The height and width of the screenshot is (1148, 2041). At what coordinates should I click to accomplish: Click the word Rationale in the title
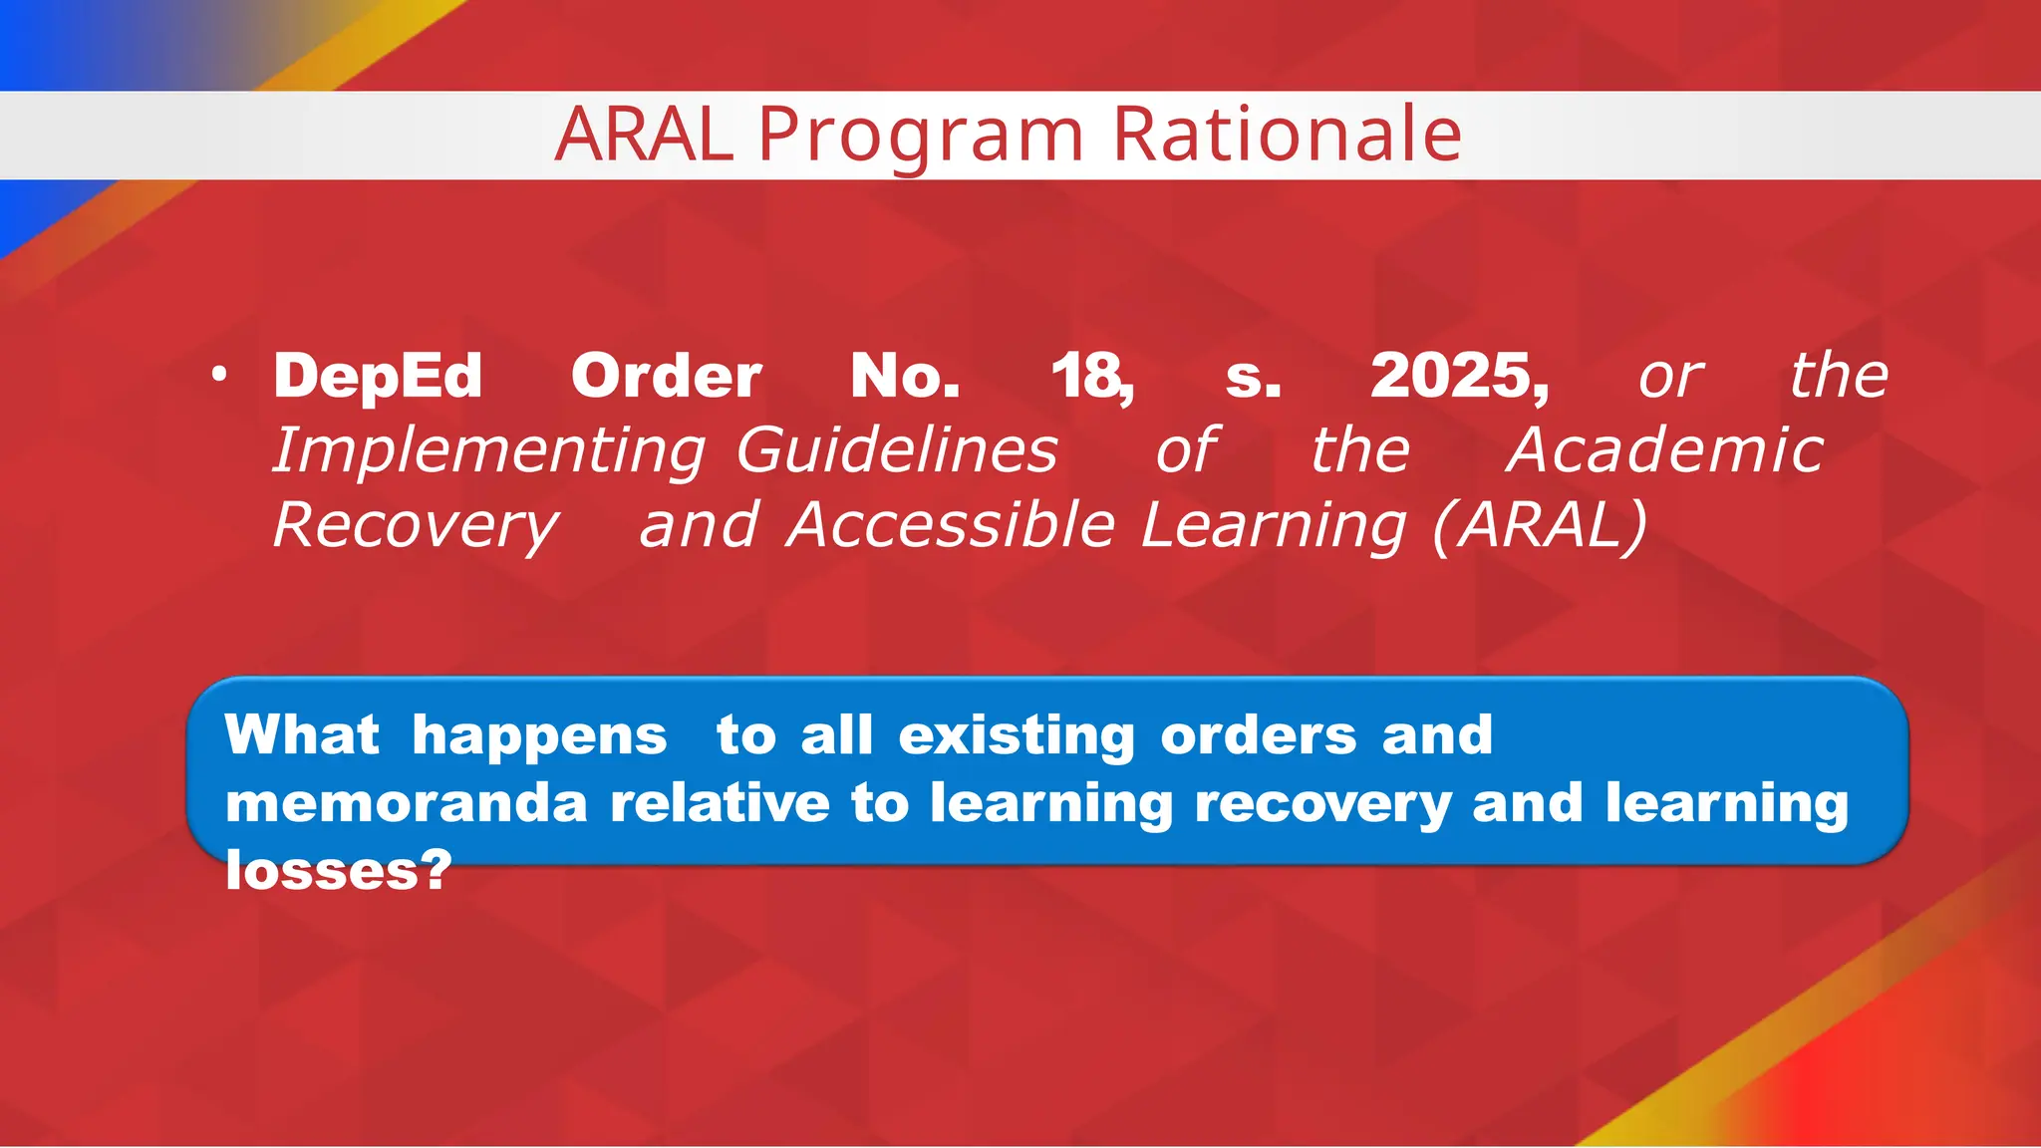1287,135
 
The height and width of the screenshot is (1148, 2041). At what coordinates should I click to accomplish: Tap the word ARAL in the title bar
644,135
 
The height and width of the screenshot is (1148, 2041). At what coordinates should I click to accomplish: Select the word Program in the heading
921,137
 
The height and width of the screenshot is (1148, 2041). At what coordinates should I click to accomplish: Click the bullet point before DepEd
219,376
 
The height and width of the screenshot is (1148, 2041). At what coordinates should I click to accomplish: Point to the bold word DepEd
378,377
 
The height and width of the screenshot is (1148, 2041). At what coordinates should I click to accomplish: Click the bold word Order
666,377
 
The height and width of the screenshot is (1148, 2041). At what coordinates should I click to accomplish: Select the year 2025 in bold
1457,377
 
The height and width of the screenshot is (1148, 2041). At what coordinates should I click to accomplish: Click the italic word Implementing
489,451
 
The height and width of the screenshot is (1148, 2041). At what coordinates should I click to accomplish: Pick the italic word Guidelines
896,450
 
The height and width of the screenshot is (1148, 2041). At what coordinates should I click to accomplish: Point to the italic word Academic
1664,450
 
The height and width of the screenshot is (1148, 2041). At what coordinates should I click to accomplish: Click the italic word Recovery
416,526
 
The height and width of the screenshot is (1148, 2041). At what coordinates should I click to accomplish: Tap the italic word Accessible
950,525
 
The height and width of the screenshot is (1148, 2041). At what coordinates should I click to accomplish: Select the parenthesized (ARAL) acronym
1540,525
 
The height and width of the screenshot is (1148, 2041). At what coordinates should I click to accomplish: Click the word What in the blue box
302,735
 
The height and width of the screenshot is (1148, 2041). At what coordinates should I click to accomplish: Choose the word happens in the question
539,737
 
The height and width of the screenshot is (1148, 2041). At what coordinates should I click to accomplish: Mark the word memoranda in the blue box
406,803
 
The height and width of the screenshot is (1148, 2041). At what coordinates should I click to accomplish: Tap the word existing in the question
1017,737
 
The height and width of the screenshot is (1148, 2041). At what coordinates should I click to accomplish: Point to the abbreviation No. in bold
905,377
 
